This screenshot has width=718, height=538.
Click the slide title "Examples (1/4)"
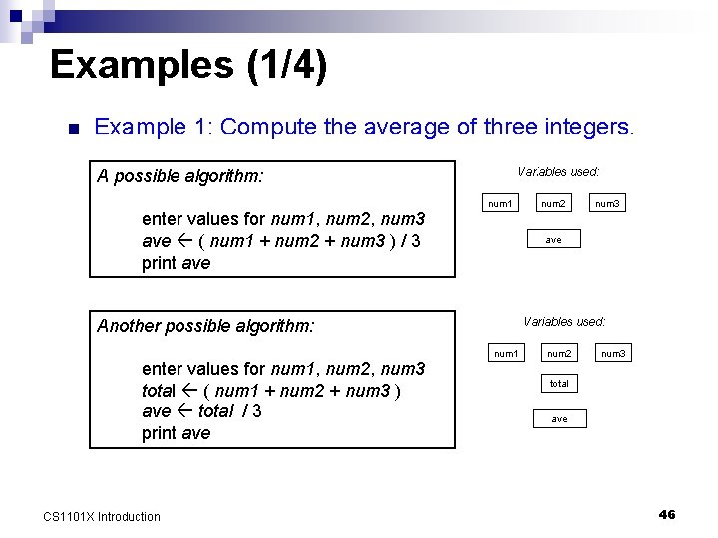point(187,65)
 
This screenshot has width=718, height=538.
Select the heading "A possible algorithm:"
point(180,177)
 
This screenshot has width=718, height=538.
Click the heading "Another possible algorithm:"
point(205,326)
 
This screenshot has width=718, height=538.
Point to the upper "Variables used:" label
point(557,172)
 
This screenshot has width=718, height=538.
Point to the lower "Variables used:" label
point(563,321)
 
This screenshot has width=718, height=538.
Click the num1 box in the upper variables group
point(499,204)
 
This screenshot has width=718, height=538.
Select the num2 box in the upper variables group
point(553,204)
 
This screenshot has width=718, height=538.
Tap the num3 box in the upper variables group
point(607,204)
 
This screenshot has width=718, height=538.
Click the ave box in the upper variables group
point(553,239)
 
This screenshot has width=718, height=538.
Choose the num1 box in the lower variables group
point(506,353)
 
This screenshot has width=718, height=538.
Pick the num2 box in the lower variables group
point(559,353)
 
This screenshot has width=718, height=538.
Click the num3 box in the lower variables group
point(613,353)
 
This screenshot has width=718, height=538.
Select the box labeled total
point(559,383)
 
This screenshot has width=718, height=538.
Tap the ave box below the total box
point(559,419)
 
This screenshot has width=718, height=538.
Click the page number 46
point(667,514)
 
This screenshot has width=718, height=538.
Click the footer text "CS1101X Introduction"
point(102,516)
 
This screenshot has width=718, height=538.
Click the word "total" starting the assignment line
point(159,391)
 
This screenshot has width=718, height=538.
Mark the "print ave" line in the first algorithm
point(177,263)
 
